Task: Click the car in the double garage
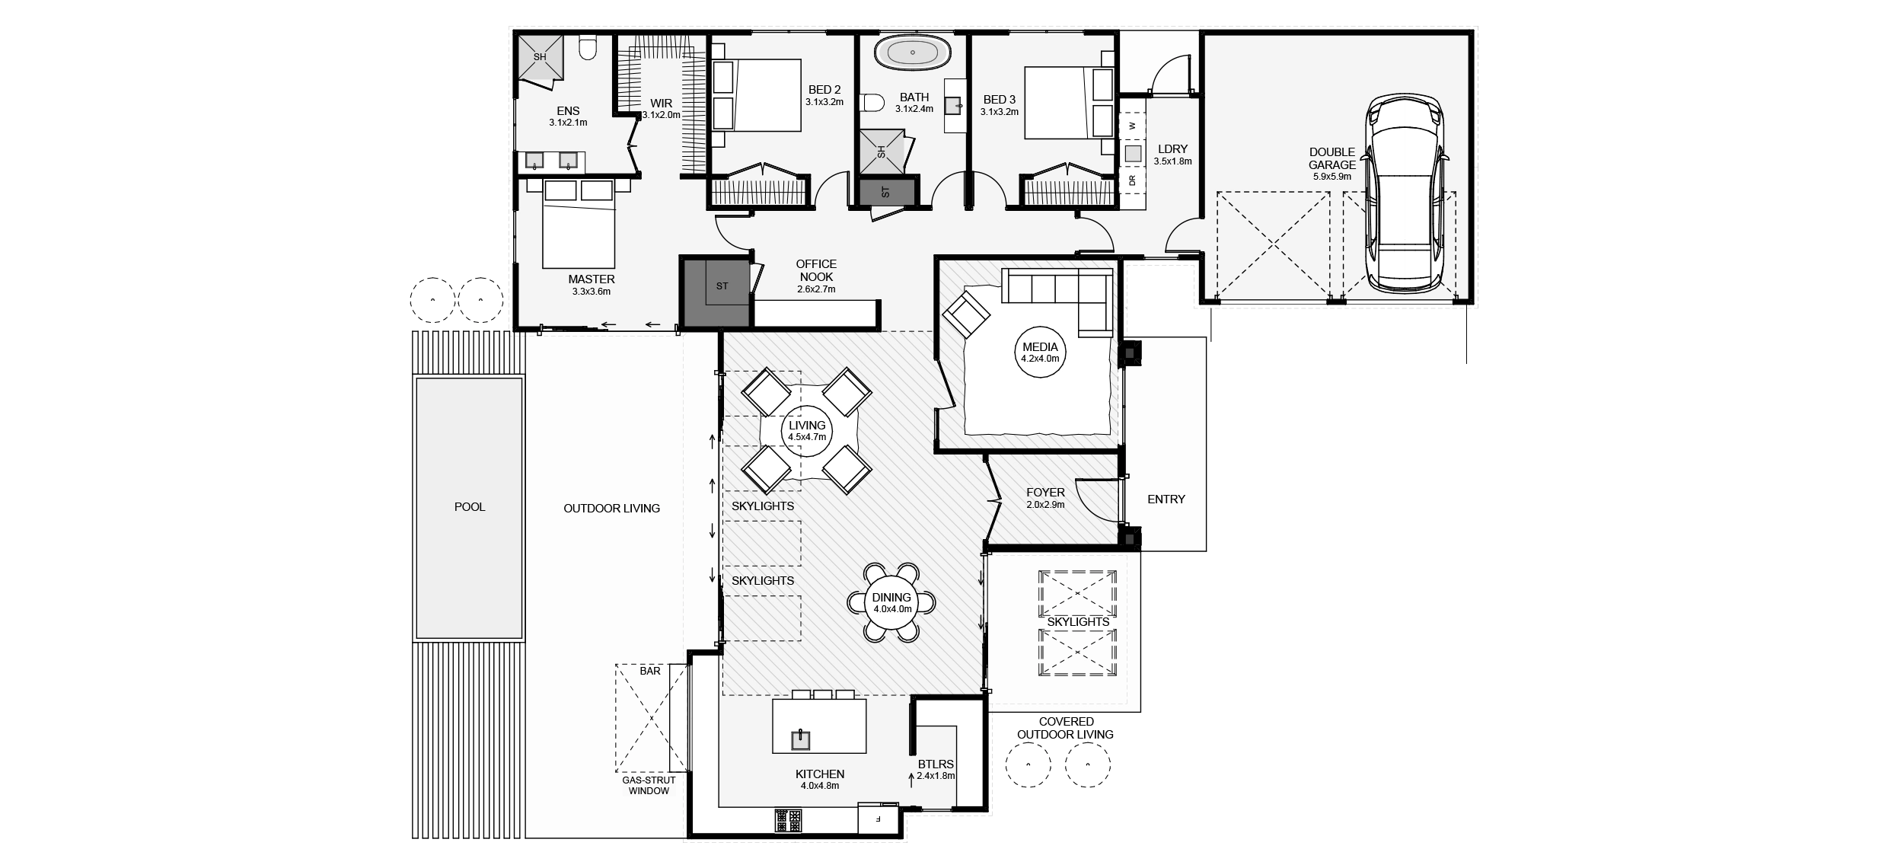1405,194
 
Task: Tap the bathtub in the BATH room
912,53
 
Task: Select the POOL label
469,507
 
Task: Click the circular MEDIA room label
1040,353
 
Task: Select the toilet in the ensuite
587,49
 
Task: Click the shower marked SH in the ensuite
540,57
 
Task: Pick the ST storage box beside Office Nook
722,286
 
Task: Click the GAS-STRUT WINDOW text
649,785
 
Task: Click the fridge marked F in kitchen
878,819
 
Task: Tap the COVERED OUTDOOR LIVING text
1065,727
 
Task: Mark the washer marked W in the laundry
1132,126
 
